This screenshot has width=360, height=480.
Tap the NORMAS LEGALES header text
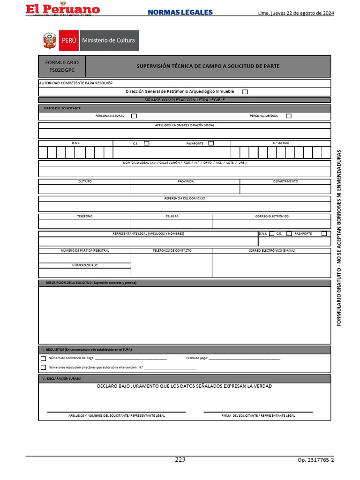coord(180,13)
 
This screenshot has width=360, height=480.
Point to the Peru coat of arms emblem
coord(49,40)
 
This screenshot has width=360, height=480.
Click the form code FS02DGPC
coord(62,70)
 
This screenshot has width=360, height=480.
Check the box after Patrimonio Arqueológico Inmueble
coord(245,92)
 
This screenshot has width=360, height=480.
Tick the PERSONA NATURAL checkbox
coord(134,116)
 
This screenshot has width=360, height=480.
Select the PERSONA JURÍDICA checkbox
coord(288,116)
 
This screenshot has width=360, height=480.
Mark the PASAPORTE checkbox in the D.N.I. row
coord(211,143)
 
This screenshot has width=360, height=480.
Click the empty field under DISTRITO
coord(84,189)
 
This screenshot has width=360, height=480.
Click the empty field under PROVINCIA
coord(185,189)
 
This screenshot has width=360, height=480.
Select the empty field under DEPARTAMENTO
coord(285,189)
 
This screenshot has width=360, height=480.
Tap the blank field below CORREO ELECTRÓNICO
coord(271,224)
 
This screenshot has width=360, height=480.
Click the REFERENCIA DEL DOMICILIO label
coord(184,198)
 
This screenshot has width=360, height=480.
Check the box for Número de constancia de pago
coord(43,359)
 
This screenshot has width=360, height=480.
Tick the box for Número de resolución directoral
coord(43,367)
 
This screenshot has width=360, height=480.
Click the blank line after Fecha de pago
coord(244,359)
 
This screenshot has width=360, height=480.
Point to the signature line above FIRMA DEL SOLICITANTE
coord(258,412)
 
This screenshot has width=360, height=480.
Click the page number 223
coord(180,459)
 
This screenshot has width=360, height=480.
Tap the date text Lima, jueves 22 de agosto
coord(296,13)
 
